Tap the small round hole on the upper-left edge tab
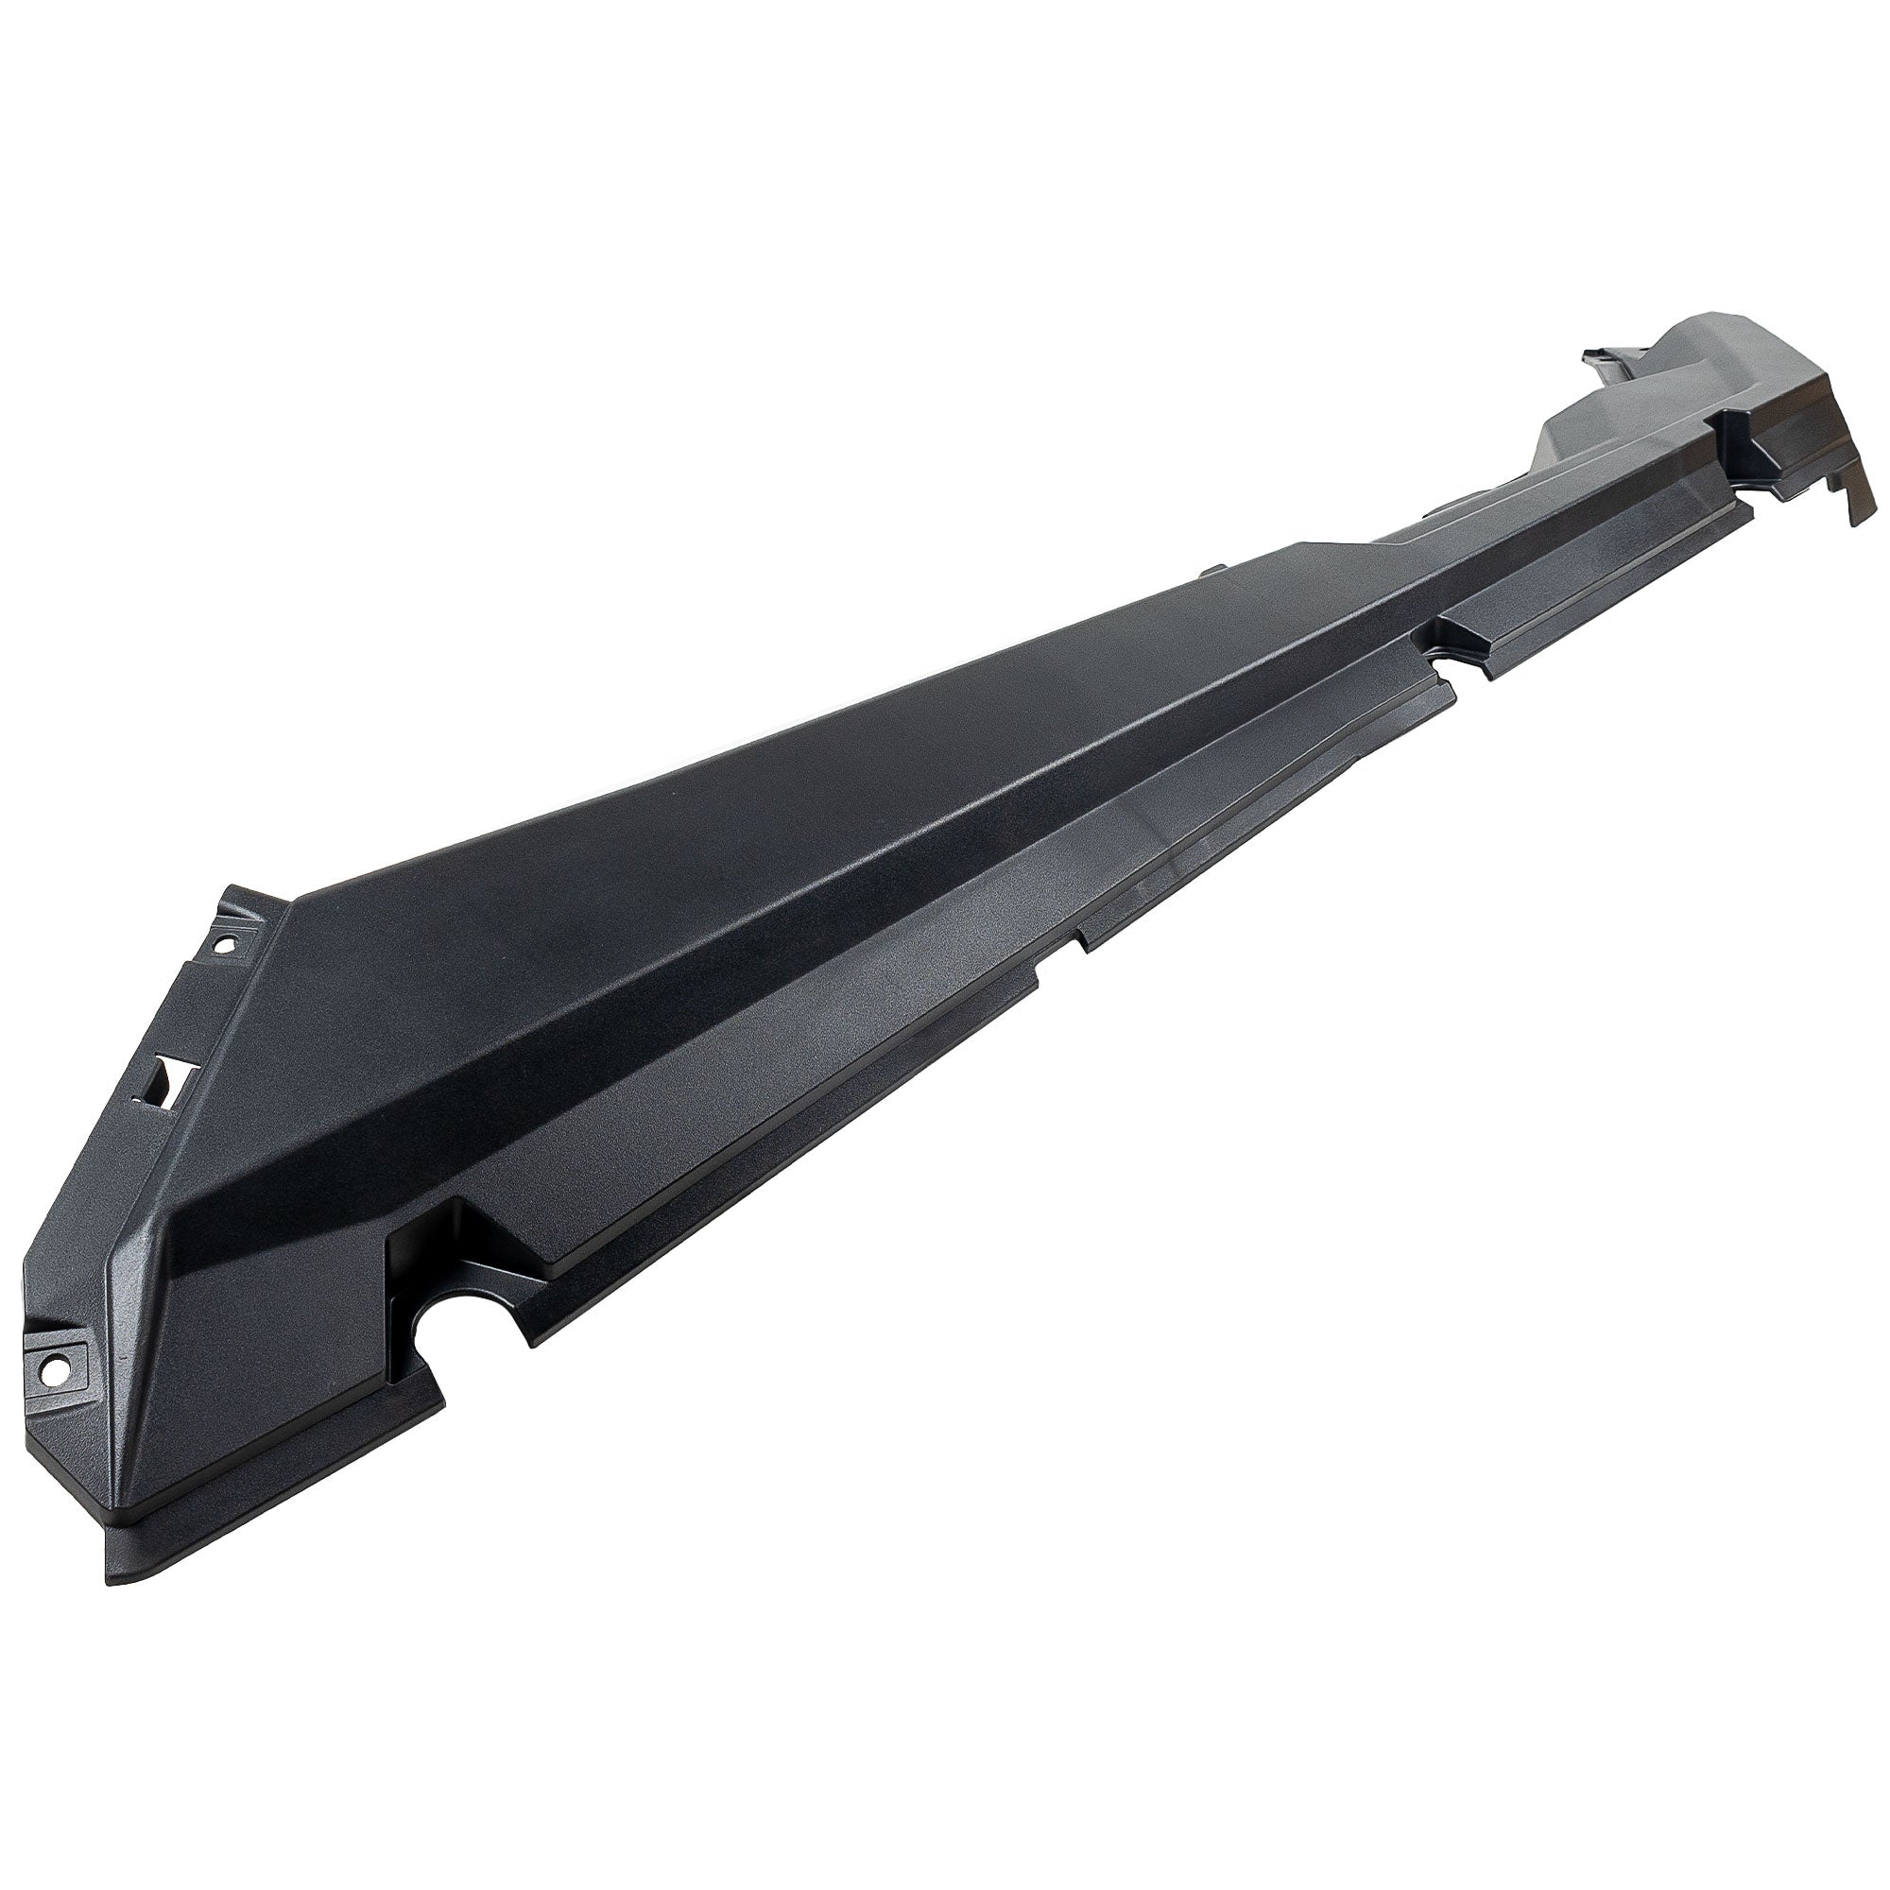222,946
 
